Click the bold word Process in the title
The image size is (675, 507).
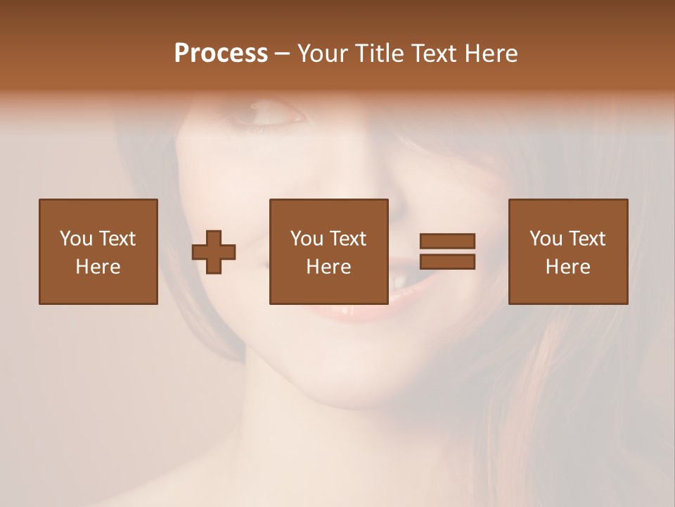click(221, 54)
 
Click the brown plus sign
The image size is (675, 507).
click(214, 252)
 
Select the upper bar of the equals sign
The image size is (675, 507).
click(447, 242)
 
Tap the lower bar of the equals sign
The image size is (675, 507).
click(447, 262)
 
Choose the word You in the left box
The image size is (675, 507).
click(76, 239)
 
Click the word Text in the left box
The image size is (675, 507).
click(116, 239)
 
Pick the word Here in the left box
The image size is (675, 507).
click(98, 267)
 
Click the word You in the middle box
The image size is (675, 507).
click(307, 239)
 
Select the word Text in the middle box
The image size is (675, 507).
click(347, 239)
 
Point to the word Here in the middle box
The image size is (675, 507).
click(328, 267)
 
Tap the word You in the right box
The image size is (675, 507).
click(546, 239)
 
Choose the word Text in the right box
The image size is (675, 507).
click(586, 239)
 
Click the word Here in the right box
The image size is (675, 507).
click(567, 267)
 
